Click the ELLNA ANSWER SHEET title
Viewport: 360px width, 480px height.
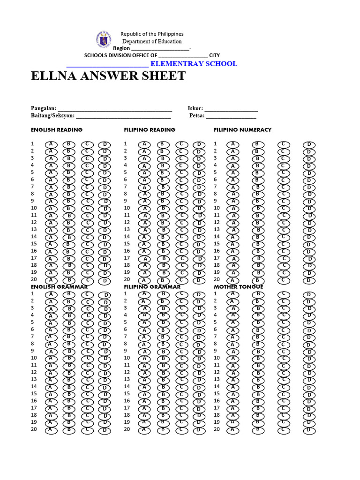(108, 76)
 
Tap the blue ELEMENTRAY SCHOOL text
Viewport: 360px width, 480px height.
(194, 64)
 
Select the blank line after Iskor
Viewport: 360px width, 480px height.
(231, 108)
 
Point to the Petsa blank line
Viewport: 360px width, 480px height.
(231, 115)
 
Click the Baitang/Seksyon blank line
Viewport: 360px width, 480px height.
(123, 115)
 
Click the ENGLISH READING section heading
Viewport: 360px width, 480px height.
(57, 130)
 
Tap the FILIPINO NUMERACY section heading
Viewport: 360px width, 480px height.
(242, 130)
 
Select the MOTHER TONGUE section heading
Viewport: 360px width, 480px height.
(238, 286)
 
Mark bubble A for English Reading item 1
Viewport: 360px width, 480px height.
(50, 144)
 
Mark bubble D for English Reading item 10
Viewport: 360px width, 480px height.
(104, 209)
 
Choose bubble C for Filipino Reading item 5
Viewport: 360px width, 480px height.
(180, 172)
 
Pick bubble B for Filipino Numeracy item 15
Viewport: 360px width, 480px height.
(257, 244)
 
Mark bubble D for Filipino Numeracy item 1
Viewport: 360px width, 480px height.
(309, 144)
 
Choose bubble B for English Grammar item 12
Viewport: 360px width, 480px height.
(68, 373)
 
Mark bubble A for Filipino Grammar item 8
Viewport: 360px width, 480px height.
(145, 344)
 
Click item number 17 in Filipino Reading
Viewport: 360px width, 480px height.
(127, 258)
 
